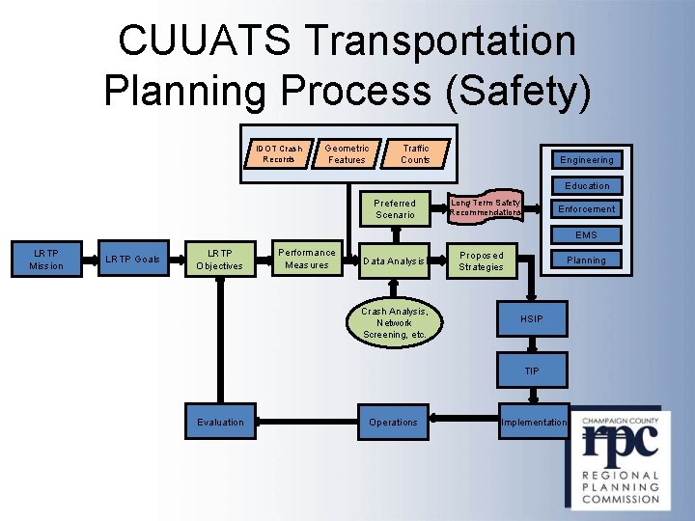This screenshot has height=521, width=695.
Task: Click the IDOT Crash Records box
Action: (280, 154)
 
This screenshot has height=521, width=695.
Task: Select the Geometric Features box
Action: (347, 154)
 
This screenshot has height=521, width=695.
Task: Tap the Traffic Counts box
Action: (415, 154)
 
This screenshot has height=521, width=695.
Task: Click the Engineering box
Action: (586, 160)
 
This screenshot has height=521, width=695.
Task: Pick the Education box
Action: (587, 185)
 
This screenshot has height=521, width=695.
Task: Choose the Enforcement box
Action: (587, 209)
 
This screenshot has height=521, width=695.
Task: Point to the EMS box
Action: (587, 234)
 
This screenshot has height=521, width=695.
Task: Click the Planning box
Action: (586, 260)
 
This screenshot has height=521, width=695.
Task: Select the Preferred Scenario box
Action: (395, 209)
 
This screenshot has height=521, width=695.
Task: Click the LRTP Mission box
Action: (46, 260)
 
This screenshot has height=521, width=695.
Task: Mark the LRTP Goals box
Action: (133, 260)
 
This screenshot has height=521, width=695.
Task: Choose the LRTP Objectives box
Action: (221, 260)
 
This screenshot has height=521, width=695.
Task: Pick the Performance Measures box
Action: (307, 259)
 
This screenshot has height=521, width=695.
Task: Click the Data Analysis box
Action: (394, 260)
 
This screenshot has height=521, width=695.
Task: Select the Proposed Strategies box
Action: (481, 260)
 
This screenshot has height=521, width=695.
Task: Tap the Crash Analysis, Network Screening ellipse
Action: (394, 323)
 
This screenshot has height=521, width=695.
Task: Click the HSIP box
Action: (532, 317)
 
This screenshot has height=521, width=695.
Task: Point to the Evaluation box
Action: (221, 422)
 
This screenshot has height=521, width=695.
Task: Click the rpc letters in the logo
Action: (619, 442)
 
